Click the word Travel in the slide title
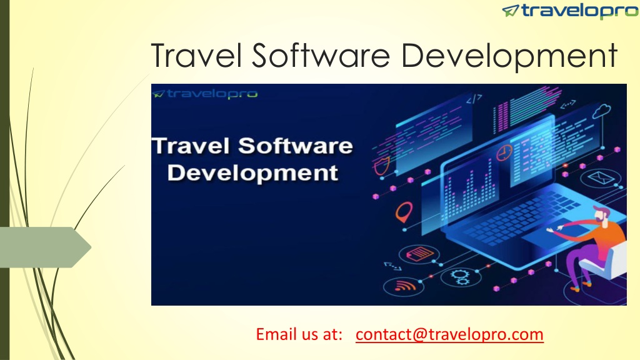(x=197, y=55)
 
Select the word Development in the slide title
(x=509, y=57)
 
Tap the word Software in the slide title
(x=321, y=55)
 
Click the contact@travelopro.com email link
(x=449, y=334)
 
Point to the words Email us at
(x=299, y=334)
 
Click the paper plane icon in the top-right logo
(x=510, y=10)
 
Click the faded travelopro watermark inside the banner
(x=205, y=94)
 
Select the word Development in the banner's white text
(x=252, y=173)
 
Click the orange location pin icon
(x=404, y=212)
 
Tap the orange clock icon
(x=504, y=153)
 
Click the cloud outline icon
(x=602, y=111)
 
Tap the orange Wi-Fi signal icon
(x=404, y=286)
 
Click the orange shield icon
(x=382, y=165)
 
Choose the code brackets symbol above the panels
(x=474, y=98)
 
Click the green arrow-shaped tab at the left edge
(x=45, y=247)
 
